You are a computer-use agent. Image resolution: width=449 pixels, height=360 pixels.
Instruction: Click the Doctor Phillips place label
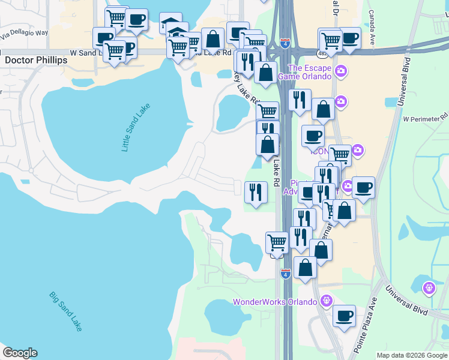(x=35, y=61)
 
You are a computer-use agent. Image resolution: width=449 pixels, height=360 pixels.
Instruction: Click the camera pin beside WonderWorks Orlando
(x=326, y=300)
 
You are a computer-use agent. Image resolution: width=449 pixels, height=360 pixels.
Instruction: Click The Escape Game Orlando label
(x=310, y=72)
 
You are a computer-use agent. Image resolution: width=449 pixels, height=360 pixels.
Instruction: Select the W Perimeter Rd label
(x=425, y=118)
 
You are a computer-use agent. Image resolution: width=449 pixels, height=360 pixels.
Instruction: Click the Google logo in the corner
(x=20, y=353)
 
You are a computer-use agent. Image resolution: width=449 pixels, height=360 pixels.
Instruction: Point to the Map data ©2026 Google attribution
(x=412, y=355)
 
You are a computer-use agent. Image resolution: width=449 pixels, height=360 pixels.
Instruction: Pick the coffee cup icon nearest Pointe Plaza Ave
(x=344, y=316)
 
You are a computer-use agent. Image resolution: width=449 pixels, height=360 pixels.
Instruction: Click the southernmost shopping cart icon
(x=277, y=242)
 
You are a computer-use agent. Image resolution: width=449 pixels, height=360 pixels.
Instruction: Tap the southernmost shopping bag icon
(x=306, y=268)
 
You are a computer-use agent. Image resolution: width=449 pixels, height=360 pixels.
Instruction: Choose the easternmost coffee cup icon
(x=363, y=187)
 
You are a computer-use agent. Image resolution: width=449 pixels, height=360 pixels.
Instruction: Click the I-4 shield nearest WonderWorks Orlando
(x=286, y=274)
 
